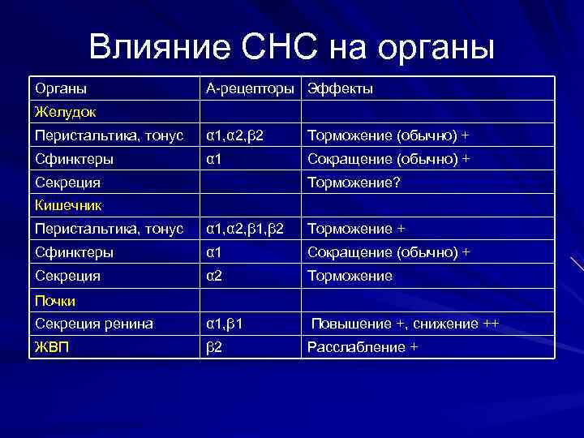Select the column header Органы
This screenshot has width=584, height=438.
(61, 88)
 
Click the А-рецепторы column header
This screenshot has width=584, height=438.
(251, 88)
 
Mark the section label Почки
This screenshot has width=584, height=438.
(55, 301)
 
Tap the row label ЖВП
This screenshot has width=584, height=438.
(49, 347)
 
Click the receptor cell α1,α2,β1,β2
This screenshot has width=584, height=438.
(245, 230)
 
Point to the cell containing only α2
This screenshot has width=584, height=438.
(215, 277)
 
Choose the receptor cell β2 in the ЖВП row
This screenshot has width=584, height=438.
(214, 347)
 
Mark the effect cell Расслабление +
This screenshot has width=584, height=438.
(362, 347)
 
